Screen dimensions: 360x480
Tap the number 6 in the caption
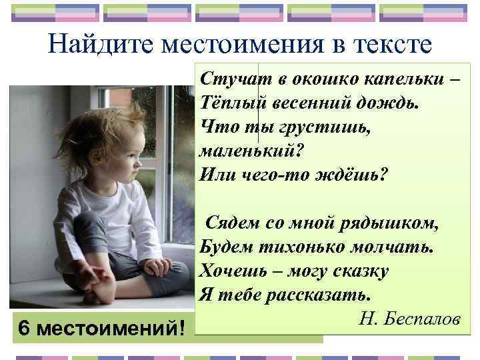pos(24,328)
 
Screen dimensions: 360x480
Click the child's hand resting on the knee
pos(157,267)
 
